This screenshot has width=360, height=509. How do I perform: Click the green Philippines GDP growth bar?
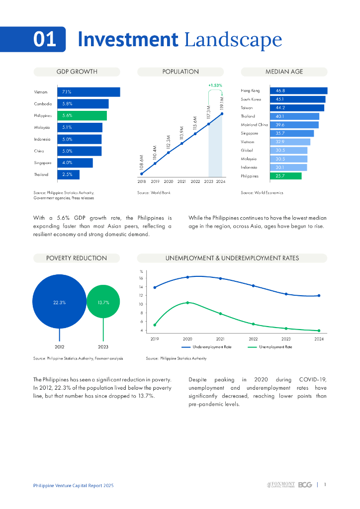(x=82, y=115)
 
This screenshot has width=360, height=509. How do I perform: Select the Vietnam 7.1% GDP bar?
(x=89, y=92)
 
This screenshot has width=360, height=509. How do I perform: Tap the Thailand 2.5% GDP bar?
(x=68, y=174)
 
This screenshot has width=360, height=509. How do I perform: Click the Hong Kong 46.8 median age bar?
(x=298, y=90)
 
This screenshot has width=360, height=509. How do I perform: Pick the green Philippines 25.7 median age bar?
(x=285, y=176)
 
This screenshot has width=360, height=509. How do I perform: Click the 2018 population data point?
(x=142, y=173)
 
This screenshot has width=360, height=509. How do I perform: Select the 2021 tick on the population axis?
(x=181, y=182)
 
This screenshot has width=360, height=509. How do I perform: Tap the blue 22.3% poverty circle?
(x=59, y=302)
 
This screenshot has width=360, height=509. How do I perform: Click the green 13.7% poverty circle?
(x=103, y=302)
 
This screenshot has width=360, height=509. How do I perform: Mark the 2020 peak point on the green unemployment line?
(x=187, y=303)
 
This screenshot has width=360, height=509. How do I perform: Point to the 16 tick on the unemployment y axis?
(x=141, y=278)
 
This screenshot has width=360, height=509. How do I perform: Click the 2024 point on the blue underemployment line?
(x=319, y=296)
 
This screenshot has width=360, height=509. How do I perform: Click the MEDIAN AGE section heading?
(x=284, y=72)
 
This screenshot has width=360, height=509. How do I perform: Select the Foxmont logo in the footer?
(x=281, y=485)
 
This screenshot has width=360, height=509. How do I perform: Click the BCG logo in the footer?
(x=305, y=485)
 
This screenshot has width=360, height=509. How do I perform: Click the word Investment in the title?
(x=128, y=39)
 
